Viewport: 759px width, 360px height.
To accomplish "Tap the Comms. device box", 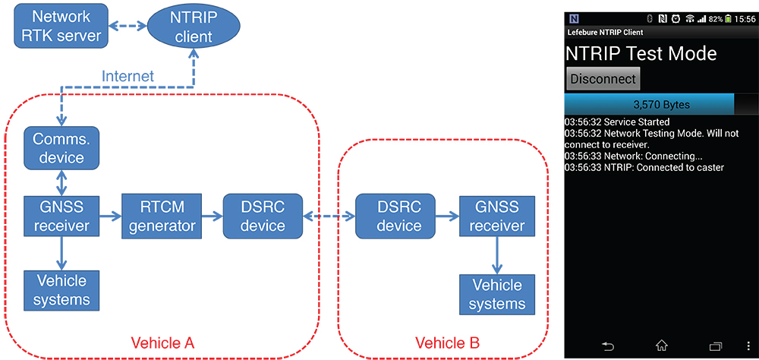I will (60, 147).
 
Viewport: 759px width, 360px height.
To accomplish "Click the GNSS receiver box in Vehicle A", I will (60, 216).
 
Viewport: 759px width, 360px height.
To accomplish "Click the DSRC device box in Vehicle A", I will (263, 216).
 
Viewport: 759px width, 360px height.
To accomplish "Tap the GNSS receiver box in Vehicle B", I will (498, 216).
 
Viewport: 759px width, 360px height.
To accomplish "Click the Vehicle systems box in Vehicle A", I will (61, 291).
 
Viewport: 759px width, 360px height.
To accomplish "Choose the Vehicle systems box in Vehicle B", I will (498, 295).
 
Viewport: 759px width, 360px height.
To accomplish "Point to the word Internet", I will (128, 76).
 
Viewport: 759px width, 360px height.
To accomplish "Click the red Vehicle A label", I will (162, 343).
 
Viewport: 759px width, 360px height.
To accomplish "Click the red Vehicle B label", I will (448, 343).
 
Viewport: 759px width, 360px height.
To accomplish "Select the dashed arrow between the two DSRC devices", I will (329, 216).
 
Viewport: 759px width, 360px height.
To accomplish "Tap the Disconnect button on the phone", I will (603, 79).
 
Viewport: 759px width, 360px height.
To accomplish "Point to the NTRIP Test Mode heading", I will (641, 54).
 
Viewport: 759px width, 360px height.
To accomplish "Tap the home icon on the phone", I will (661, 346).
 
